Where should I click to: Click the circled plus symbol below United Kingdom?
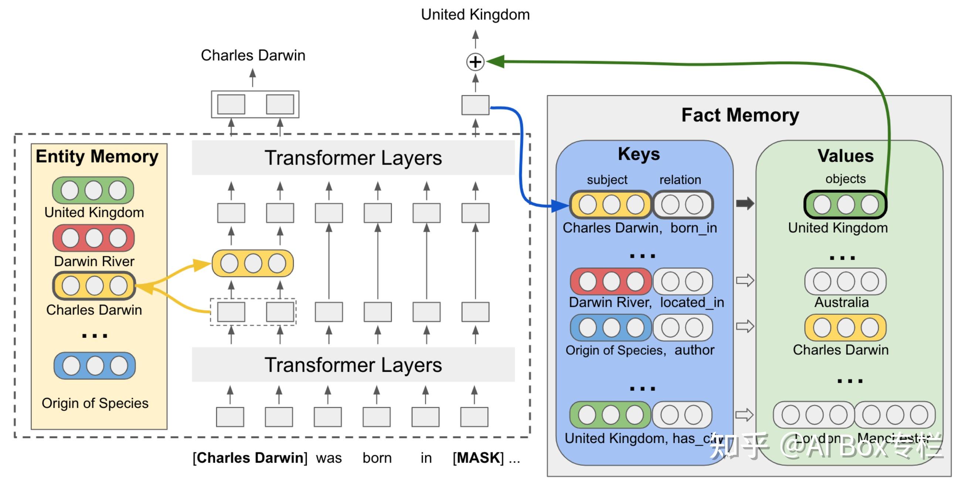pyautogui.click(x=475, y=62)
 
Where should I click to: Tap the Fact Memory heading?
pyautogui.click(x=740, y=115)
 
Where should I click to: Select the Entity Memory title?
pyautogui.click(x=97, y=156)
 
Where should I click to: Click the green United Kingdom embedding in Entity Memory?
pyautogui.click(x=93, y=190)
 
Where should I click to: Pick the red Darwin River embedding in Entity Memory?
pyautogui.click(x=93, y=238)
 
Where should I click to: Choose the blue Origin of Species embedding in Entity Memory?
pyautogui.click(x=95, y=365)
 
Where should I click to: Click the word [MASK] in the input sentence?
pyautogui.click(x=478, y=458)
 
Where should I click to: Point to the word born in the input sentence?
pyautogui.click(x=377, y=458)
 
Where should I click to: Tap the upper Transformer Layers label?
pyautogui.click(x=353, y=158)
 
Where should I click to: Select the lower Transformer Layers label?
pyautogui.click(x=353, y=365)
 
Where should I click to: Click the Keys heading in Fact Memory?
pyautogui.click(x=639, y=154)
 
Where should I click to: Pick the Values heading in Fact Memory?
pyautogui.click(x=845, y=156)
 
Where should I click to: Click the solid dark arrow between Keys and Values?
pyautogui.click(x=745, y=203)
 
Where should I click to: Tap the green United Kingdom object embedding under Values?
pyautogui.click(x=845, y=205)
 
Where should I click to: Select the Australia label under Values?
pyautogui.click(x=841, y=302)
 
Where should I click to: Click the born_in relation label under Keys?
pyautogui.click(x=694, y=228)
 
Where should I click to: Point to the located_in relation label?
pyautogui.click(x=692, y=302)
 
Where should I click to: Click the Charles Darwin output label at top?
pyautogui.click(x=253, y=55)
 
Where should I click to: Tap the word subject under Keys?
pyautogui.click(x=607, y=179)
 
